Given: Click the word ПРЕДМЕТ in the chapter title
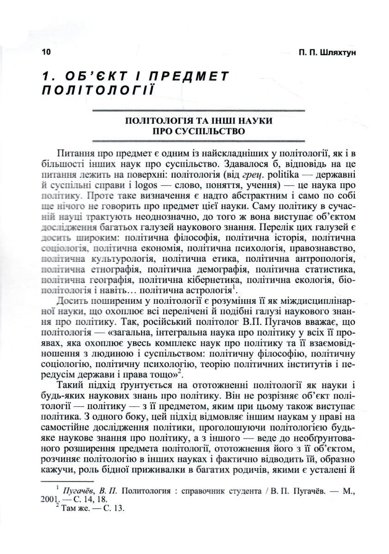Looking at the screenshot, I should [185, 76].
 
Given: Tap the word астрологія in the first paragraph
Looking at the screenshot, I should [213, 290].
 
